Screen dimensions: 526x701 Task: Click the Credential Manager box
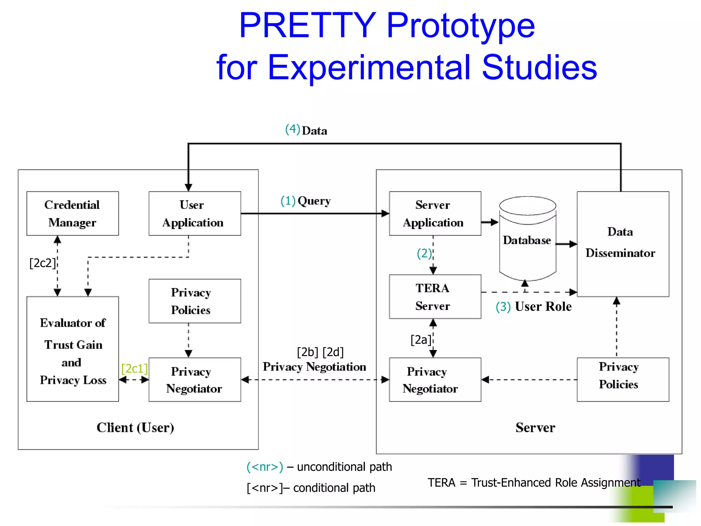click(73, 213)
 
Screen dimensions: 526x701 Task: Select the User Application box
click(194, 213)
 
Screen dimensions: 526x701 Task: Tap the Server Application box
click(435, 213)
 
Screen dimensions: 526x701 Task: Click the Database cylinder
click(527, 240)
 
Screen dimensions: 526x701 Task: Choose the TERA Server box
click(435, 297)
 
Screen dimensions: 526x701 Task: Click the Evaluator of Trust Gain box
click(73, 349)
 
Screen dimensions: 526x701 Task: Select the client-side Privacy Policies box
click(194, 301)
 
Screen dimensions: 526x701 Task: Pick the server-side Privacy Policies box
click(623, 379)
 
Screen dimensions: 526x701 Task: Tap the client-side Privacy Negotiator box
click(194, 379)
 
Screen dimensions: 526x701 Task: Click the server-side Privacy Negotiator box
click(435, 379)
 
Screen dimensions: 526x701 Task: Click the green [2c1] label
click(135, 368)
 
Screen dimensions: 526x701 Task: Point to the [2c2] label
click(42, 263)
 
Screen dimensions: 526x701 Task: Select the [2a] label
click(421, 340)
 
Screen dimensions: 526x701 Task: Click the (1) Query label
click(306, 201)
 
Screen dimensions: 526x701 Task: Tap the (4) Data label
click(306, 130)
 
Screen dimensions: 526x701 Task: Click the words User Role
click(543, 306)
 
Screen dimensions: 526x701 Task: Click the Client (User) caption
click(135, 428)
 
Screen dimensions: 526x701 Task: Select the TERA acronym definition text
click(534, 483)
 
